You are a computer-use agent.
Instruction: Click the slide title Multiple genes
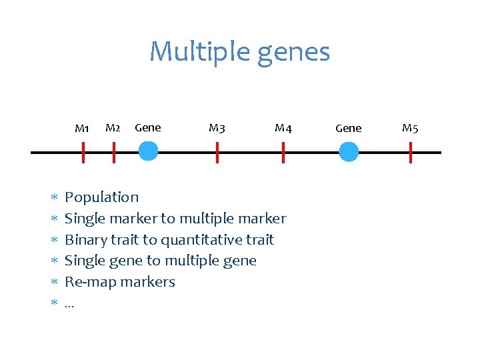click(239, 52)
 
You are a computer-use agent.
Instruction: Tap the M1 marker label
click(82, 128)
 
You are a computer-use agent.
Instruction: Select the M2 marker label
click(113, 127)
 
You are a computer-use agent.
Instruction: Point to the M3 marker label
click(217, 127)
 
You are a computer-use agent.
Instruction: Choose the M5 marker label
click(410, 128)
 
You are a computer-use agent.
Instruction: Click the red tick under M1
click(83, 153)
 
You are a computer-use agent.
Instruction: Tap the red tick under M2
click(114, 153)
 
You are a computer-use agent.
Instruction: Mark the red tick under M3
click(217, 153)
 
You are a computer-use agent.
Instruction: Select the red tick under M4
click(283, 153)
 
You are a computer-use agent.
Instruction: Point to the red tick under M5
click(411, 153)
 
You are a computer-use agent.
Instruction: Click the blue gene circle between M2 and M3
click(148, 153)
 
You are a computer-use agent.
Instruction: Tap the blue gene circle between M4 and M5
click(349, 153)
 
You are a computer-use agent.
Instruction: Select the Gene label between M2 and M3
click(147, 127)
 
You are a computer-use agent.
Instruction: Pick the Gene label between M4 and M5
click(348, 128)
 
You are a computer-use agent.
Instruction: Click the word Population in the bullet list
click(101, 197)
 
